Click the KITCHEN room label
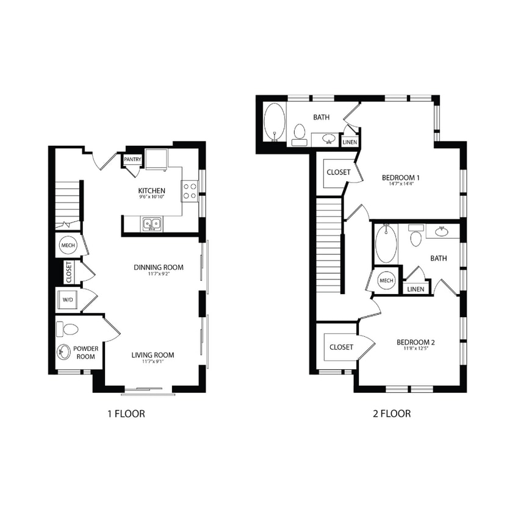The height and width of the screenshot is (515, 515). tap(151, 190)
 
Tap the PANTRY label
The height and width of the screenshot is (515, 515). tap(133, 160)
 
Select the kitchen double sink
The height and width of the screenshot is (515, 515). tap(151, 225)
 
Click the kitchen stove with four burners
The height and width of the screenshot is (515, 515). tap(190, 190)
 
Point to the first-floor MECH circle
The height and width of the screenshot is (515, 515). tap(68, 245)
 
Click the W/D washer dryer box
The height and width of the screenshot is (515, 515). tap(68, 300)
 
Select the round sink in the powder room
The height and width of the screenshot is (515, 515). tap(64, 352)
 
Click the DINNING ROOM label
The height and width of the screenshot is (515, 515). tap(159, 267)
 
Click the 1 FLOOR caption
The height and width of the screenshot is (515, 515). tap(126, 414)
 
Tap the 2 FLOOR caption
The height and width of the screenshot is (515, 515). tap(392, 414)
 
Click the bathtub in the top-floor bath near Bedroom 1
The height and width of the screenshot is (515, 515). tap(274, 122)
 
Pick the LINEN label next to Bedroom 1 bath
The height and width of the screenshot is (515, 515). tap(350, 142)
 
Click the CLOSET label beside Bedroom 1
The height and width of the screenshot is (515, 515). tap(339, 172)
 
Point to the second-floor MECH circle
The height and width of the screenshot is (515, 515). tap(386, 281)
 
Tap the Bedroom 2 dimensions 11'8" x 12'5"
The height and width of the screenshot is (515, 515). tap(416, 350)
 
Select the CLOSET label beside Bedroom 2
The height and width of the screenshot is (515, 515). tap(341, 347)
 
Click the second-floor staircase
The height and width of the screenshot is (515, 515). tap(328, 244)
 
